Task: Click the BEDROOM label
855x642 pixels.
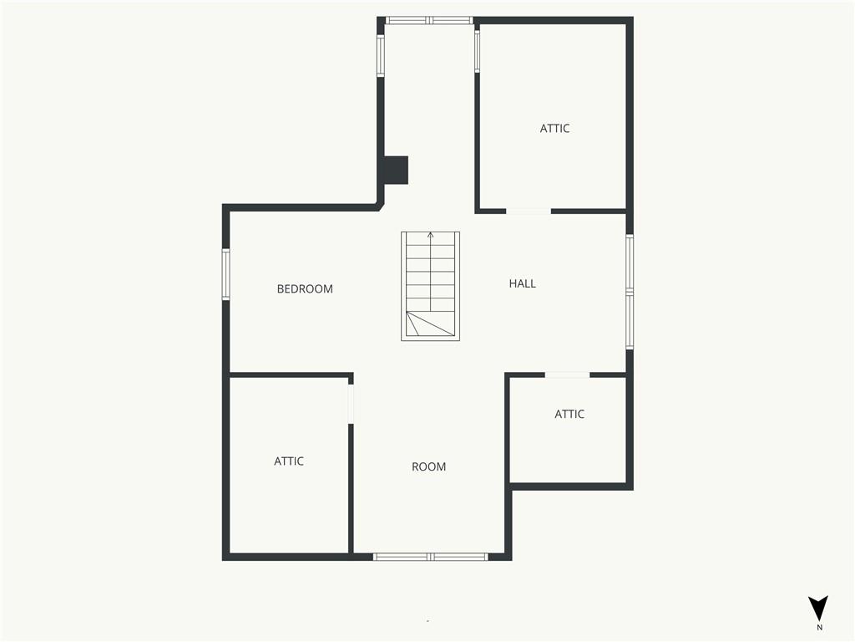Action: click(305, 288)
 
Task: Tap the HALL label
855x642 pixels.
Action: click(523, 283)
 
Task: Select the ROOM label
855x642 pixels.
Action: click(428, 466)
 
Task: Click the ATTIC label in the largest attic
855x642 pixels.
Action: click(554, 128)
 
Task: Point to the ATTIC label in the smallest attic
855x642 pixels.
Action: click(569, 415)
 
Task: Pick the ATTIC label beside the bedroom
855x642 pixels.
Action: click(288, 461)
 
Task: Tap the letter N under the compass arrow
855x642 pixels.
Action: click(819, 627)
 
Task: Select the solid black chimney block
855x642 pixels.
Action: click(397, 171)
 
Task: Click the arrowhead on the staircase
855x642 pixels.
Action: click(431, 235)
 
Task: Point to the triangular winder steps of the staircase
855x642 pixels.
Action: click(430, 324)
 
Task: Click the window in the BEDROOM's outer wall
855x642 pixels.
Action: click(225, 274)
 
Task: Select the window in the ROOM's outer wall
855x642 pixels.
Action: click(430, 557)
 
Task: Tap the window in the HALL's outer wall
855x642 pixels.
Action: click(630, 292)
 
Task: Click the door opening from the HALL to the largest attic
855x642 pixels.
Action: click(529, 211)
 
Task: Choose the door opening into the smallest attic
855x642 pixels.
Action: click(568, 375)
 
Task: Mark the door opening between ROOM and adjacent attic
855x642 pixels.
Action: click(352, 404)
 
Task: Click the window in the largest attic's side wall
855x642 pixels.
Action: click(477, 51)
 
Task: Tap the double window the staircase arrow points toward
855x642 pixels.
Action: click(429, 21)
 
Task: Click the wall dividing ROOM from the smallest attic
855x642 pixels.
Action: click(508, 429)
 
